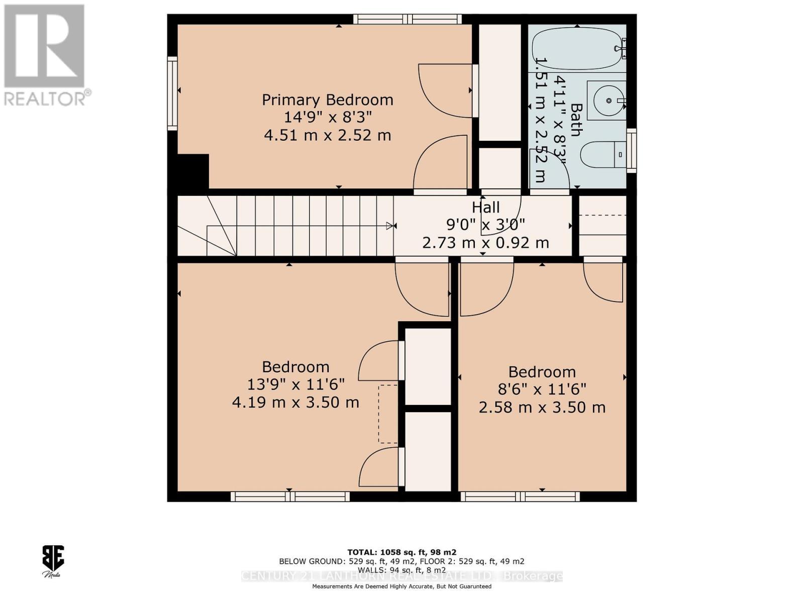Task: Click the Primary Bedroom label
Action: pyautogui.click(x=327, y=99)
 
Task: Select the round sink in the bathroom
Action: pyautogui.click(x=608, y=100)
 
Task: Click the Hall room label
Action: pyautogui.click(x=485, y=207)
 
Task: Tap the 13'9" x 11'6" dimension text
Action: pyautogui.click(x=295, y=384)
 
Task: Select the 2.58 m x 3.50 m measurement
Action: pyautogui.click(x=542, y=407)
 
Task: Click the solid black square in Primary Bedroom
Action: pyautogui.click(x=193, y=171)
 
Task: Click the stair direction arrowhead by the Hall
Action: pyautogui.click(x=390, y=226)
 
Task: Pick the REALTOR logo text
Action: pyautogui.click(x=48, y=97)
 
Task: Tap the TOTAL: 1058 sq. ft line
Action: pyautogui.click(x=401, y=552)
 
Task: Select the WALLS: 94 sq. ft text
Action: pyautogui.click(x=401, y=570)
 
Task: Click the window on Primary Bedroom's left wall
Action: pyautogui.click(x=172, y=93)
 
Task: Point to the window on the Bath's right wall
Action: pyautogui.click(x=632, y=150)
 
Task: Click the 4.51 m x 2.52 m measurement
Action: pyautogui.click(x=327, y=135)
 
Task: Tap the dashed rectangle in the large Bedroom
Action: pyautogui.click(x=388, y=414)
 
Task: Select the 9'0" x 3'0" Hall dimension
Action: pyautogui.click(x=485, y=225)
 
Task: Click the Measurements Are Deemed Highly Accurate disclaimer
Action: pyautogui.click(x=401, y=586)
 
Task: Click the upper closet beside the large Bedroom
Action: pyautogui.click(x=428, y=366)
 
